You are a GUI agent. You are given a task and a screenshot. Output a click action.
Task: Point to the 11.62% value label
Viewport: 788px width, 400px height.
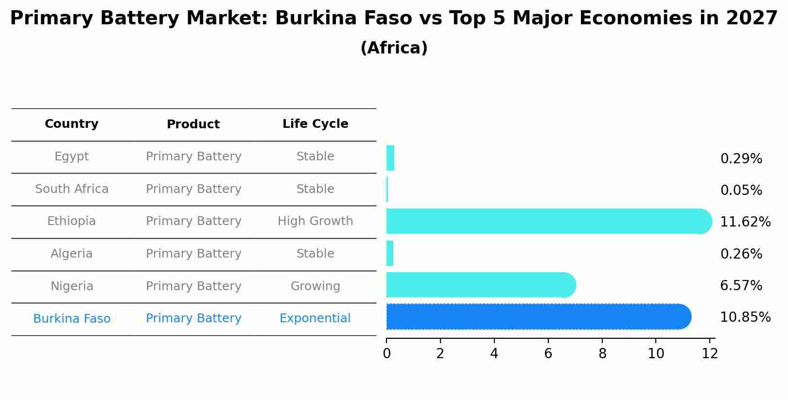pyautogui.click(x=745, y=222)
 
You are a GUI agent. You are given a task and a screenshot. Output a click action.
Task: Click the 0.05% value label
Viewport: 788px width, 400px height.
pyautogui.click(x=741, y=191)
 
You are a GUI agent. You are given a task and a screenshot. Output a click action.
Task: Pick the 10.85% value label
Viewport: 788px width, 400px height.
pyautogui.click(x=745, y=317)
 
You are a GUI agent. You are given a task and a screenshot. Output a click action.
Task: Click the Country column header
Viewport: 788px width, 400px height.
pyautogui.click(x=71, y=124)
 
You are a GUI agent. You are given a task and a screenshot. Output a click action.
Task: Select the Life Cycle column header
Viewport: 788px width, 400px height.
pyautogui.click(x=315, y=124)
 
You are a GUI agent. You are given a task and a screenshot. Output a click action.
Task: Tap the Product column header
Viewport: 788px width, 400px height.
pyautogui.click(x=193, y=124)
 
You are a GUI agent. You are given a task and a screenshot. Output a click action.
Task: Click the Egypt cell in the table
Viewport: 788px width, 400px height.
pyautogui.click(x=71, y=157)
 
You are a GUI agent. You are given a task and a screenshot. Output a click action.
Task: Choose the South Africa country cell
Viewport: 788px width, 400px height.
pyautogui.click(x=71, y=189)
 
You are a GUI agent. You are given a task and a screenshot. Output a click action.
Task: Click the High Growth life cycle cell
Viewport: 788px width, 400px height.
pyautogui.click(x=315, y=221)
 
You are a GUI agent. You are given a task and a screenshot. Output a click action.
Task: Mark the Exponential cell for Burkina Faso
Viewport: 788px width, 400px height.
pyautogui.click(x=315, y=318)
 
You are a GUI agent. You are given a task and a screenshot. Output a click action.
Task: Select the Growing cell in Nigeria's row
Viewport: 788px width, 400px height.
pyautogui.click(x=315, y=286)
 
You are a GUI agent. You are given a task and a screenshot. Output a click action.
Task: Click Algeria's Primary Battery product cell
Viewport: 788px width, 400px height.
pyautogui.click(x=193, y=254)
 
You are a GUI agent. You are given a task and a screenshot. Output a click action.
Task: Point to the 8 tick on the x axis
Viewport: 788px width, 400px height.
pyautogui.click(x=602, y=354)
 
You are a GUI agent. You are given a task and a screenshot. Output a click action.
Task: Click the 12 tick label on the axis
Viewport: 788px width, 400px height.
pyautogui.click(x=710, y=354)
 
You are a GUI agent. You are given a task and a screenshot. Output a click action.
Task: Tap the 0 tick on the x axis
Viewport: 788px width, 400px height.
pyautogui.click(x=386, y=354)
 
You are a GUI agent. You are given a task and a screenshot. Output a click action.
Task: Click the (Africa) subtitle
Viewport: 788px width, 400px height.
pyautogui.click(x=394, y=48)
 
